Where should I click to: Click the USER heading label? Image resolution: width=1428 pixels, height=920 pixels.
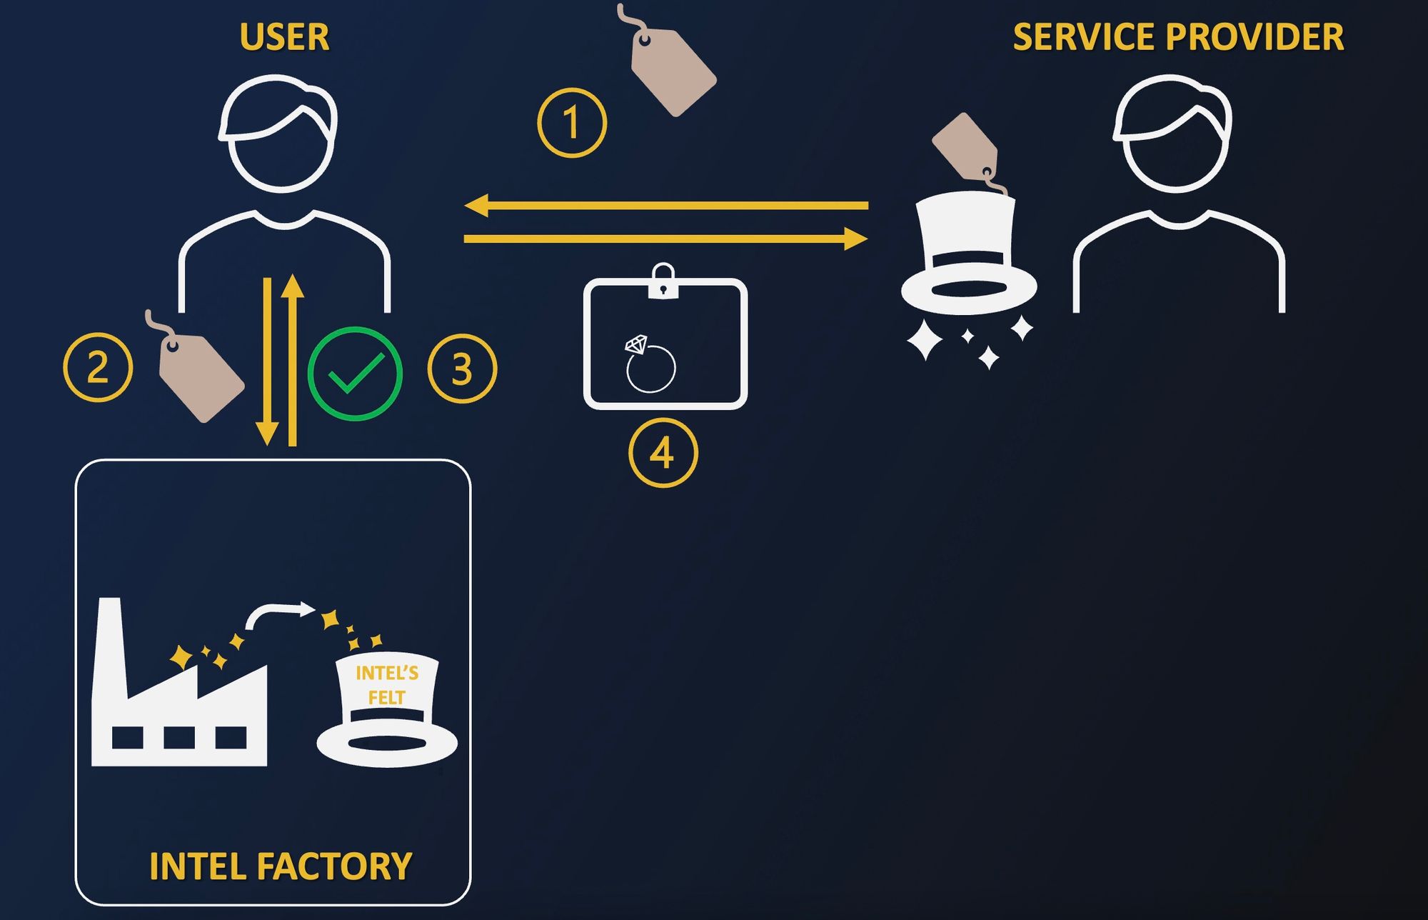click(284, 37)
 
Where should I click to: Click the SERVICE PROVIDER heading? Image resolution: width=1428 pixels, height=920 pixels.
click(1178, 37)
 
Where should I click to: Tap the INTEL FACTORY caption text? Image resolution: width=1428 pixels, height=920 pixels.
click(281, 866)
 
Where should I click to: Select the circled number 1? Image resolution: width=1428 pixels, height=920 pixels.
click(572, 123)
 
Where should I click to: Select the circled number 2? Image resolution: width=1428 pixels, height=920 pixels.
click(98, 367)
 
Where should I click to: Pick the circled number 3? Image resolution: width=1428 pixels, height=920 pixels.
click(462, 369)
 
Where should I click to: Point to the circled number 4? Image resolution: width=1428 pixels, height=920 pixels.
click(663, 453)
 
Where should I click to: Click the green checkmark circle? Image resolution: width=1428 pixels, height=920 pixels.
click(355, 374)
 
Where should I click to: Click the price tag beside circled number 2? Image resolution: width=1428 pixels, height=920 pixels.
click(200, 374)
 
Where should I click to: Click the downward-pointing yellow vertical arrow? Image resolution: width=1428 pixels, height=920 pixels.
click(267, 361)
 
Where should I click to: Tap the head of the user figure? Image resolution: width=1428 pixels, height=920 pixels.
click(278, 134)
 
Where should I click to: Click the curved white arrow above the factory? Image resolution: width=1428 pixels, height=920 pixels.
click(278, 613)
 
